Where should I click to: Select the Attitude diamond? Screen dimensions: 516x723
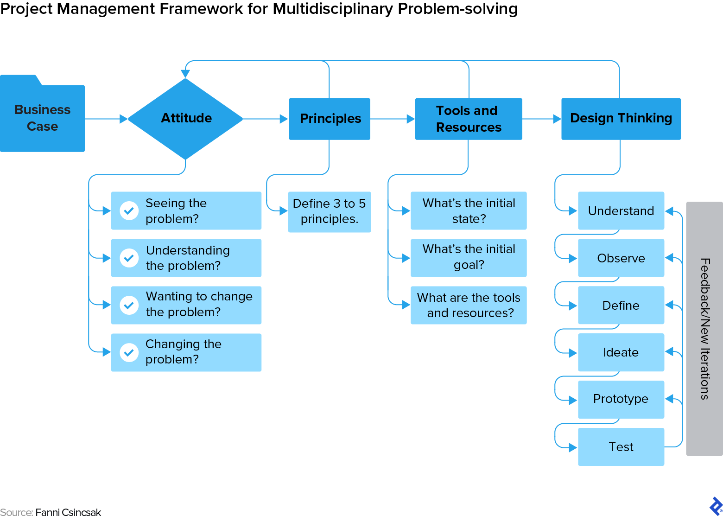pyautogui.click(x=185, y=119)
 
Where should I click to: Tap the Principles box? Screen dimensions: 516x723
pyautogui.click(x=330, y=119)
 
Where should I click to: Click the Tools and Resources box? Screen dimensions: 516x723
pyautogui.click(x=468, y=119)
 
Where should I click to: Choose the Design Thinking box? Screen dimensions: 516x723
pyautogui.click(x=621, y=119)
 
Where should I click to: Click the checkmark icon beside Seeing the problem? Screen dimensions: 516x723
pyautogui.click(x=129, y=210)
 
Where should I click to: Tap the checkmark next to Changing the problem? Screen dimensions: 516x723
pyautogui.click(x=129, y=352)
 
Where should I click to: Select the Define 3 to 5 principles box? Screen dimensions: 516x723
pyautogui.click(x=329, y=211)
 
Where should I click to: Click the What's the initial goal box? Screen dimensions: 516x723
pyautogui.click(x=468, y=257)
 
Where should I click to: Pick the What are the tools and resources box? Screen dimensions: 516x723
pyautogui.click(x=468, y=305)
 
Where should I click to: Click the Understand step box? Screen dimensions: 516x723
pyautogui.click(x=621, y=211)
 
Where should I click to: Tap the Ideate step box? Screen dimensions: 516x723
pyautogui.click(x=621, y=352)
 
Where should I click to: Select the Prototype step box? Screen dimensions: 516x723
pyautogui.click(x=621, y=399)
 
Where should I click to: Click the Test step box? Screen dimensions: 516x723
pyautogui.click(x=621, y=447)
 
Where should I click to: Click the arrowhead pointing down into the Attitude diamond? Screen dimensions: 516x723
pyautogui.click(x=185, y=74)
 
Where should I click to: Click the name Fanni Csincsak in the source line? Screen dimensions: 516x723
pyautogui.click(x=68, y=512)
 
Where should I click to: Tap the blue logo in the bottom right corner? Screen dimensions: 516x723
pyautogui.click(x=716, y=506)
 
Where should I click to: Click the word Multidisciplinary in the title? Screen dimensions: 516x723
pyautogui.click(x=332, y=9)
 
